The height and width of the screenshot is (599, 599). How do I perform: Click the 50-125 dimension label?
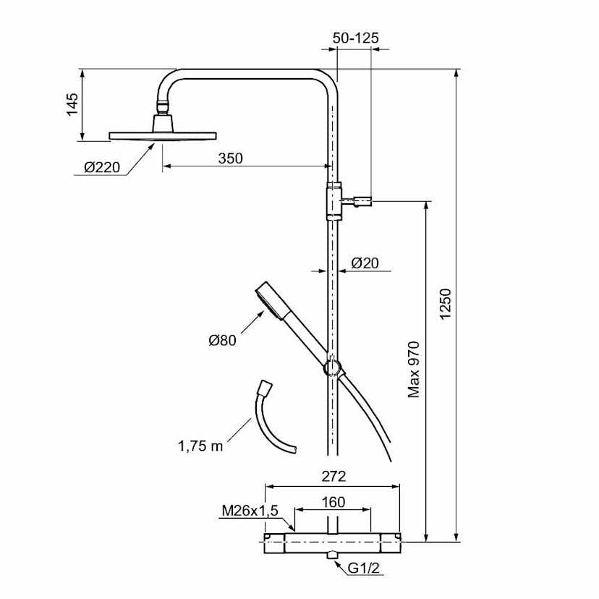(x=354, y=38)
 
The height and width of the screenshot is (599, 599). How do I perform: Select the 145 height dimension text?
(x=71, y=105)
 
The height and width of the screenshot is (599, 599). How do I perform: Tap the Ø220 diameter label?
(x=101, y=168)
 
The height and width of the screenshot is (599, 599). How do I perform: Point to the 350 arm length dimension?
(x=231, y=158)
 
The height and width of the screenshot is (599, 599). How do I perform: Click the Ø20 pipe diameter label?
(x=365, y=263)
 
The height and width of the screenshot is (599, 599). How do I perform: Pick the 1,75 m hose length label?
(x=199, y=446)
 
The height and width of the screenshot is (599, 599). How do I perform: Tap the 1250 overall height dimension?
(x=446, y=304)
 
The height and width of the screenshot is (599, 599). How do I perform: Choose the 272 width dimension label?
(x=333, y=476)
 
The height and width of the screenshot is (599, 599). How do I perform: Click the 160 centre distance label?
(x=333, y=501)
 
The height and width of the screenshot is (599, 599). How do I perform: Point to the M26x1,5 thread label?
(x=250, y=511)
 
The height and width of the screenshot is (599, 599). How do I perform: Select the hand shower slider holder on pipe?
(x=333, y=367)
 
